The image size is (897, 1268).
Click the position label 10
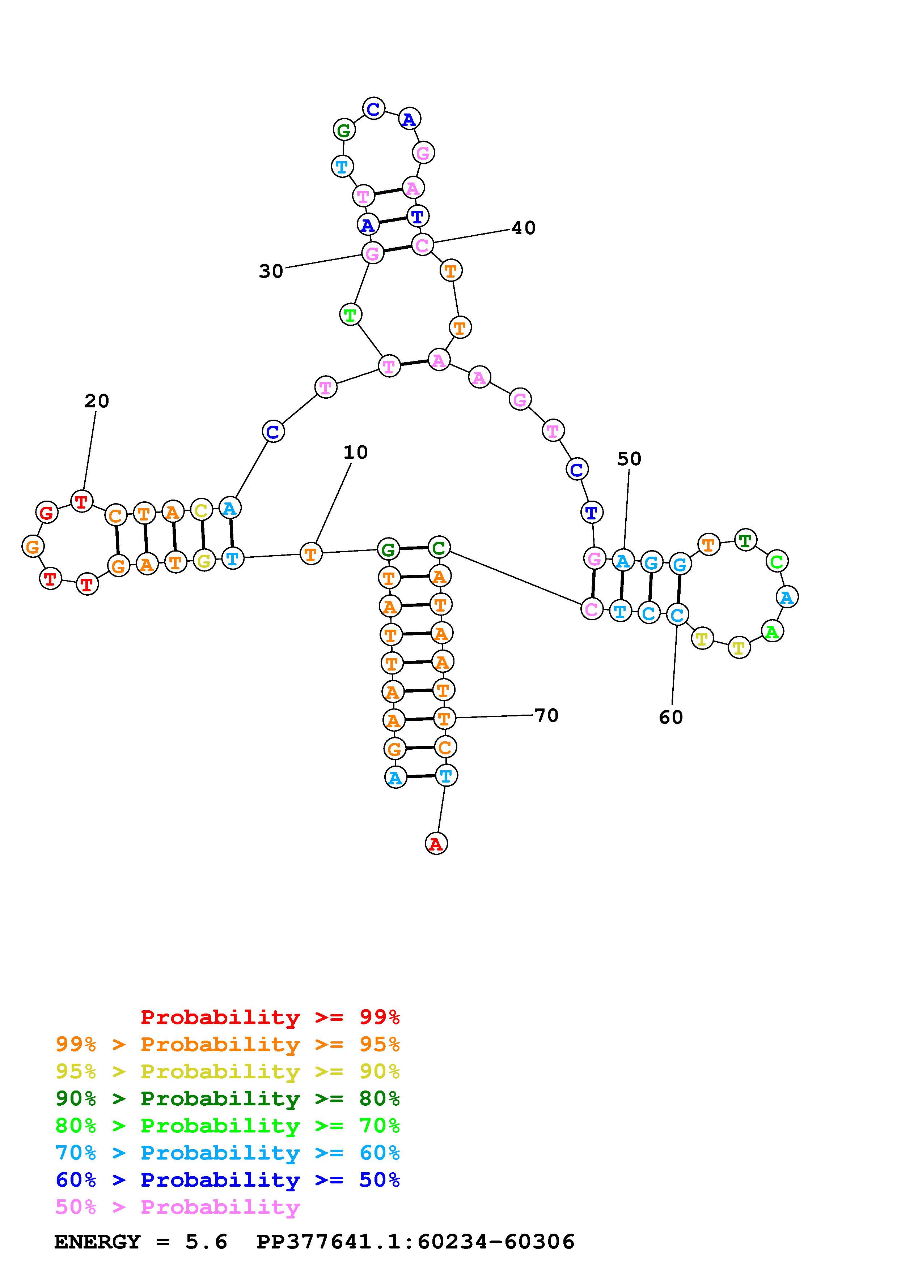355,452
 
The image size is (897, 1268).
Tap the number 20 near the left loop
97,401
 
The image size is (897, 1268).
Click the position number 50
629,459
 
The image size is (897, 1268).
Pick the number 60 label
671,717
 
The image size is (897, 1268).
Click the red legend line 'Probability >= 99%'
270,1017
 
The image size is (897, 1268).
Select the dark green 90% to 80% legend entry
228,1098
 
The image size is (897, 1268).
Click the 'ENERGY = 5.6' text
141,1242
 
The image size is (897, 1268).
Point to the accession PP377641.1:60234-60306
416,1242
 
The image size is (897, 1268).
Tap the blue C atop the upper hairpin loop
374,109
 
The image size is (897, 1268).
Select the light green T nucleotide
350,315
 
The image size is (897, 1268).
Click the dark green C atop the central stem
439,548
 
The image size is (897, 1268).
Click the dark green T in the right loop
745,540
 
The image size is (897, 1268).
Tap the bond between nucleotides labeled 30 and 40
397,249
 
